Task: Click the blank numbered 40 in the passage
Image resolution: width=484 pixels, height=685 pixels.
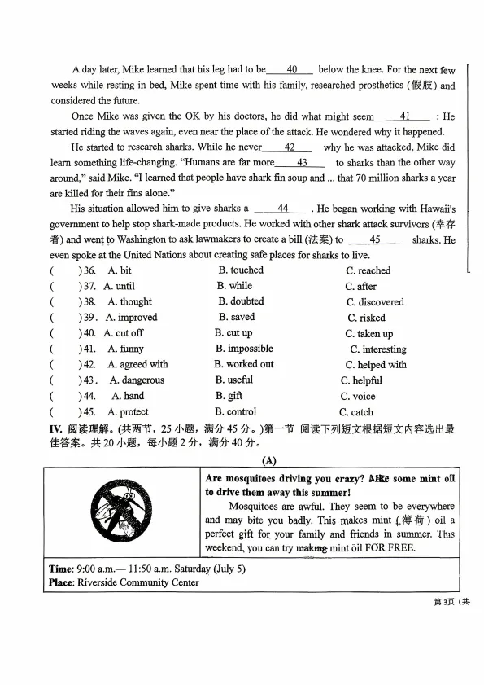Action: tap(290, 70)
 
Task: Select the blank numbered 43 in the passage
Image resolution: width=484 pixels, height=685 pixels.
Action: tap(301, 163)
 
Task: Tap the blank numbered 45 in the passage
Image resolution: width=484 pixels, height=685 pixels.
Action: tap(374, 240)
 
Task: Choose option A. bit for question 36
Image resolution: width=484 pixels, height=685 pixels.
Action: tap(120, 270)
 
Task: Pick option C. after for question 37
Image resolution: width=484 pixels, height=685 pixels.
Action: tap(360, 286)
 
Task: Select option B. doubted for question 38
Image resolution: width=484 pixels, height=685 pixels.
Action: tap(241, 301)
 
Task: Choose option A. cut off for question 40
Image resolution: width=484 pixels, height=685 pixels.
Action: tap(123, 333)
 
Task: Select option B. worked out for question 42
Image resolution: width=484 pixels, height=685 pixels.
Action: tap(244, 364)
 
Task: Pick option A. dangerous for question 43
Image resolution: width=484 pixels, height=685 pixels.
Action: tap(137, 380)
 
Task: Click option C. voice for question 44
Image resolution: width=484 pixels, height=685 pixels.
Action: tap(358, 397)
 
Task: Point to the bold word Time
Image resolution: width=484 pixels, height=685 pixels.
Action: tap(61, 569)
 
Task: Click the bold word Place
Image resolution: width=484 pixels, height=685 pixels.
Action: tap(63, 583)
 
